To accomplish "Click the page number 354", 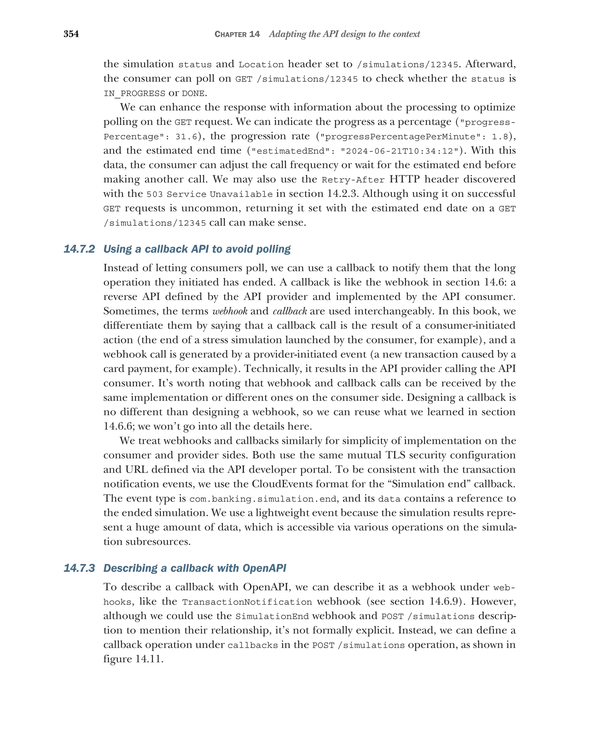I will click(x=71, y=34).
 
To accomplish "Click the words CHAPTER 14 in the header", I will click(x=237, y=34).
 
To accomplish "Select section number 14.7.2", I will click(x=79, y=249).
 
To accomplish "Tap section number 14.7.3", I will click(x=79, y=568).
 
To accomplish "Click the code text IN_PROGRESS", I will click(x=134, y=93).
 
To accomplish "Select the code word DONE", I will click(x=193, y=93).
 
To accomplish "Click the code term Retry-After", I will click(x=353, y=180).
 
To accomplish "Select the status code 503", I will click(x=154, y=194).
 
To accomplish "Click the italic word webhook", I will click(x=230, y=311).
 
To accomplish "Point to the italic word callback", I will click(x=290, y=311).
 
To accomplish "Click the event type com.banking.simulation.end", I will click(x=263, y=499).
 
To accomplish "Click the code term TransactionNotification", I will click(x=247, y=602).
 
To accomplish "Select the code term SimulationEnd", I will click(x=272, y=616).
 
